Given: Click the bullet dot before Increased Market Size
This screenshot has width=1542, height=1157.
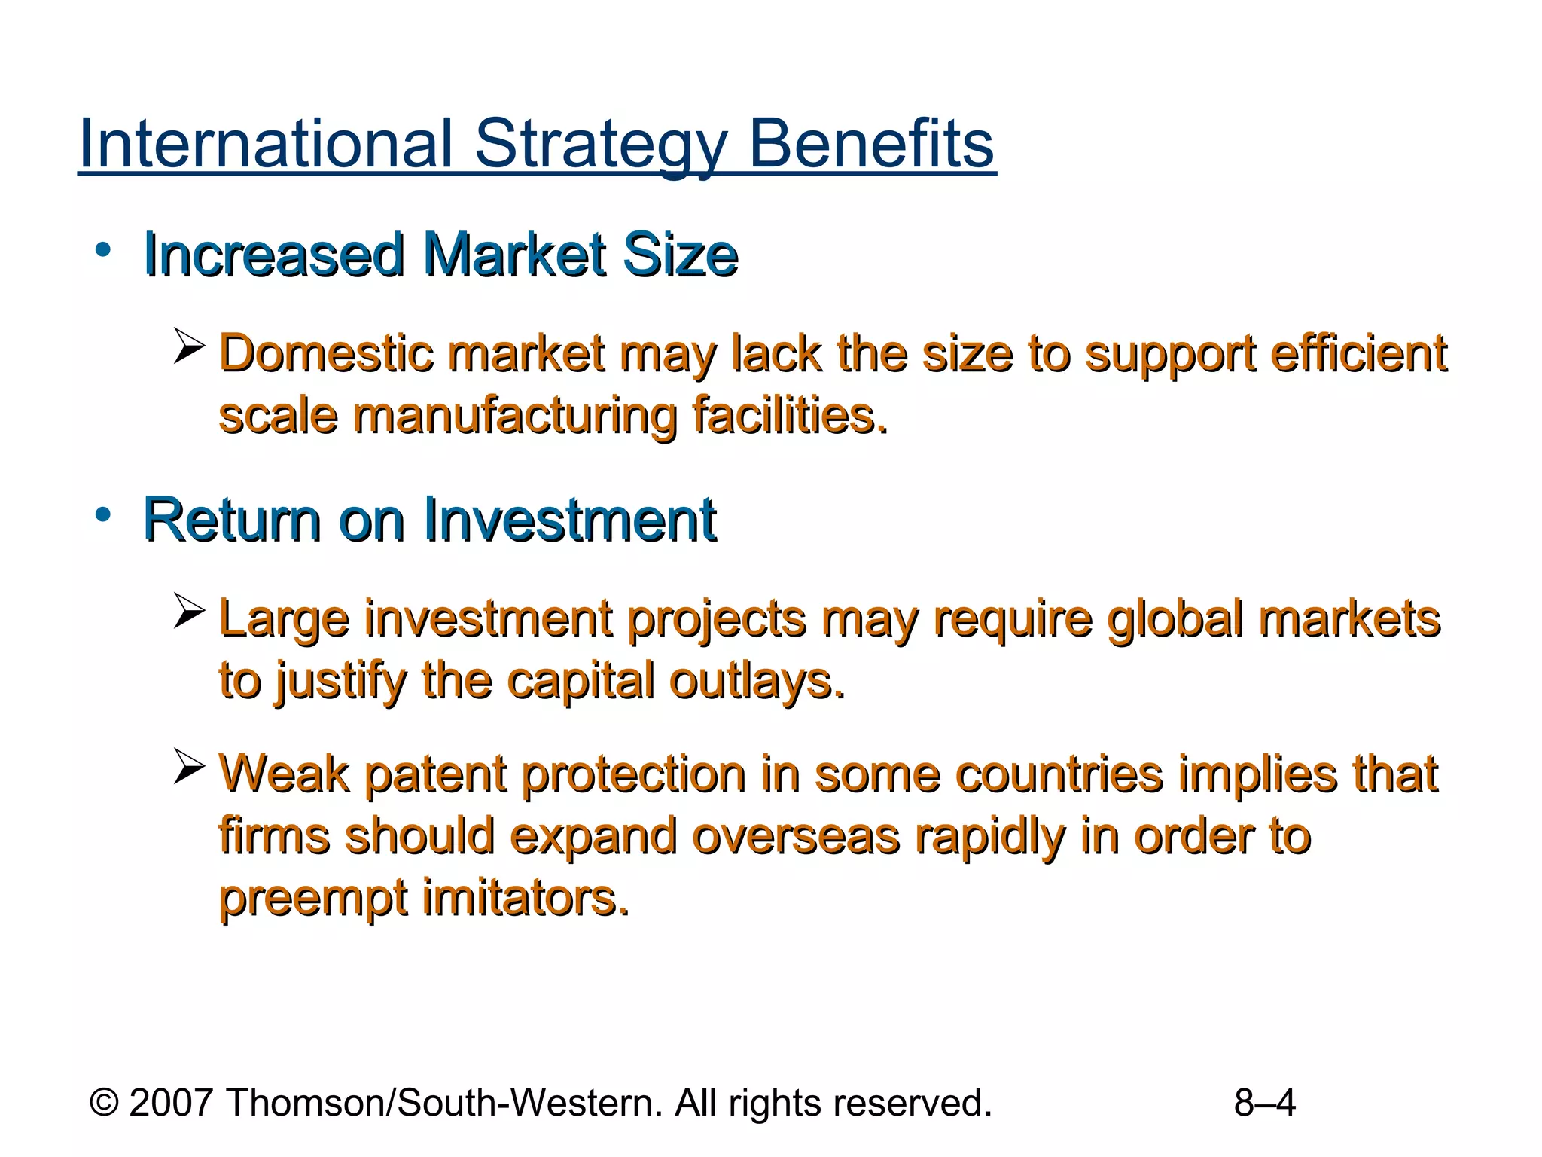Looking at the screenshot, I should pos(103,250).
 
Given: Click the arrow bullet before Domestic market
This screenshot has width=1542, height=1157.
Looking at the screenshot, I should pos(188,346).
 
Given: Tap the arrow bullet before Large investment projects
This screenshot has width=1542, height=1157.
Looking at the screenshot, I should pos(188,611).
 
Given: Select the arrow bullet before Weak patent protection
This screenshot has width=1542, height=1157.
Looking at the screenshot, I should pos(188,766).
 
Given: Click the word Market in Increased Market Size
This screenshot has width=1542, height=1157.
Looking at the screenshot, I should pos(516,255).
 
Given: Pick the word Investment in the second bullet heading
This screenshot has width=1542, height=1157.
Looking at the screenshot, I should pos(569,520).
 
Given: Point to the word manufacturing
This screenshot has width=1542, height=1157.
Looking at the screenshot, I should pos(515,416).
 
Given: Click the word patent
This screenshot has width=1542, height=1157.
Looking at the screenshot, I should pos(435,775).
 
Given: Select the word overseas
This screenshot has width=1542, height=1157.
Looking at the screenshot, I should pos(795,837).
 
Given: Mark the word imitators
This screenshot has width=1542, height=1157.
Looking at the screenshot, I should pos(525,899).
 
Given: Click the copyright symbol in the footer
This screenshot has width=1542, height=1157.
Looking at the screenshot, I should pos(103,1103).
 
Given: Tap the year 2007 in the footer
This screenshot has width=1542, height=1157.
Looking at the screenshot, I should pos(171,1103).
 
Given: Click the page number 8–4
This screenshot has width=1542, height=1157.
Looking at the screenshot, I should pos(1264,1103).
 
